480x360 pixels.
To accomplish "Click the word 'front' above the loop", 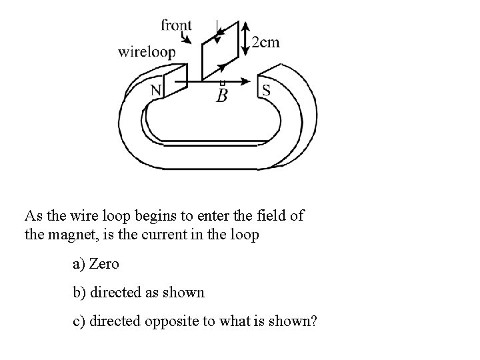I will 176,25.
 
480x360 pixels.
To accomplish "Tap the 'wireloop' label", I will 147,51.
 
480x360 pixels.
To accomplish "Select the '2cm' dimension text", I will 266,43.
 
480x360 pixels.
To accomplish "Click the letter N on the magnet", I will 155,90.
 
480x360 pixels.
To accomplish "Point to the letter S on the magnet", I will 266,90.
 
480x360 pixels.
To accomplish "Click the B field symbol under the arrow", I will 222,96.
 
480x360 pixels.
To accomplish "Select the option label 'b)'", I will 79,293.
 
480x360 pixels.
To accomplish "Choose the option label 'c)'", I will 79,321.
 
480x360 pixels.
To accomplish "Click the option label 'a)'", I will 79,264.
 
